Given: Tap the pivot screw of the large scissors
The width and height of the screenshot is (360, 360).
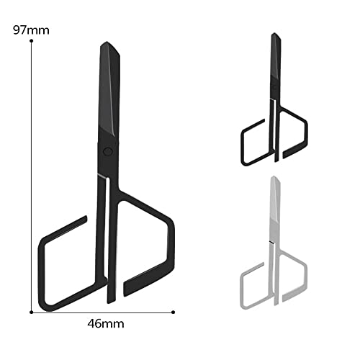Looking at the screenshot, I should (107, 151).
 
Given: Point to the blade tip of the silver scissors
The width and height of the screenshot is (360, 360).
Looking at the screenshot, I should (273, 178).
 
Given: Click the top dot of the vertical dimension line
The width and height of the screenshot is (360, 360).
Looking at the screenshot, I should (32, 42).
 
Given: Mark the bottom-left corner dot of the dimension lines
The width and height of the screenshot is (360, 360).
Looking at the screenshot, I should (32, 312).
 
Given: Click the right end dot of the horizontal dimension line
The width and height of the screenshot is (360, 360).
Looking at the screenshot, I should (174, 312).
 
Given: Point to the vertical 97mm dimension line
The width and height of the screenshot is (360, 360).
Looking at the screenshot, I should (32, 180).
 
